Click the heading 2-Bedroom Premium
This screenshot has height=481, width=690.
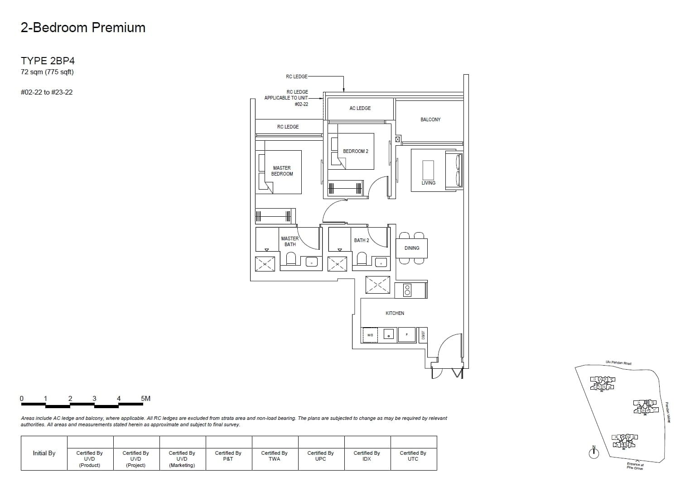[x=83, y=28]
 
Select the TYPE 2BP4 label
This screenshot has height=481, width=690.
[x=48, y=61]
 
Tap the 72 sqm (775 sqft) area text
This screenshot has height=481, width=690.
[x=47, y=72]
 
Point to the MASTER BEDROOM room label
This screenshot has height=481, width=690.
[x=282, y=171]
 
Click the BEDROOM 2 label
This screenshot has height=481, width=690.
[x=356, y=151]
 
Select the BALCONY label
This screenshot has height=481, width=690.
[x=430, y=119]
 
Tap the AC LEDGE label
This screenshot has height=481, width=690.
[x=360, y=108]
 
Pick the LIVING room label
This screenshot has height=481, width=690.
[x=428, y=183]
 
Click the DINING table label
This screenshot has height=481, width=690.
[x=412, y=248]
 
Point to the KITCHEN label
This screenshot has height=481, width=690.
[x=395, y=313]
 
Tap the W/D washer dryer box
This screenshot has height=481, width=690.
[x=370, y=335]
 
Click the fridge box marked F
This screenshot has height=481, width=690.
[x=407, y=335]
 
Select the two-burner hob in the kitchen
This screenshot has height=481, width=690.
[x=407, y=290]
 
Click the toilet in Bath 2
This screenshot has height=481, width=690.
[x=362, y=260]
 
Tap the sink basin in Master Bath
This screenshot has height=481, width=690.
[x=312, y=262]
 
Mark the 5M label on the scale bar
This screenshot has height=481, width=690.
[x=145, y=399]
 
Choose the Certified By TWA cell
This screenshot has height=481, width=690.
[x=275, y=456]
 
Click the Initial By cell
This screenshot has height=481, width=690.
[x=44, y=453]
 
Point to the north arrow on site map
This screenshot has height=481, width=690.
[x=593, y=452]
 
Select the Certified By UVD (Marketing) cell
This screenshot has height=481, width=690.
[x=182, y=459]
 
